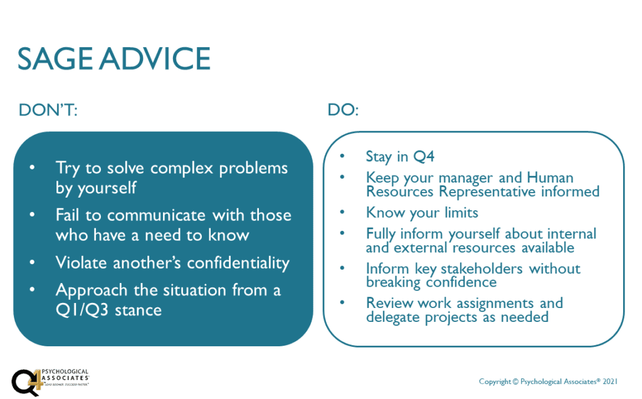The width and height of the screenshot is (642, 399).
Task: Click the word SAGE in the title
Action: pos(55,58)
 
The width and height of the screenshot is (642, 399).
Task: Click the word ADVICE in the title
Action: pos(155,58)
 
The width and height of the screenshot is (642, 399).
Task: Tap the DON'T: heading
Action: pos(48,110)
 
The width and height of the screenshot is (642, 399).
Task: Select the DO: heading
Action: pos(343,110)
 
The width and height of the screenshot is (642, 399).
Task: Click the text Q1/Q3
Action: pos(82,310)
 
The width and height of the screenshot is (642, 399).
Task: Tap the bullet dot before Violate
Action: pos(32,262)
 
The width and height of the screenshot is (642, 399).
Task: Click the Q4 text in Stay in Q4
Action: pos(424,156)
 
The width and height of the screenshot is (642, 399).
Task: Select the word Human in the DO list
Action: pos(550,178)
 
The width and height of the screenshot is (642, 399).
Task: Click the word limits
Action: pos(461,213)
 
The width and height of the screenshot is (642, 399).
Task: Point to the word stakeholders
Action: pos(481,269)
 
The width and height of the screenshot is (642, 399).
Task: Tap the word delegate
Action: pos(393,317)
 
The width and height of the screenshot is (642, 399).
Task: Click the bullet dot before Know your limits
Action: pos(342,212)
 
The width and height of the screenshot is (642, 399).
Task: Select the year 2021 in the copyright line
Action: pos(609,381)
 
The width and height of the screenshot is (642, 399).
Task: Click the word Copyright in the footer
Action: pos(495,382)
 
